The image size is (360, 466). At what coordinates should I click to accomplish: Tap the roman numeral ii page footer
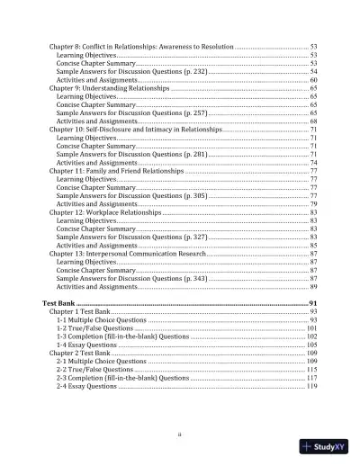click(x=180, y=437)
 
